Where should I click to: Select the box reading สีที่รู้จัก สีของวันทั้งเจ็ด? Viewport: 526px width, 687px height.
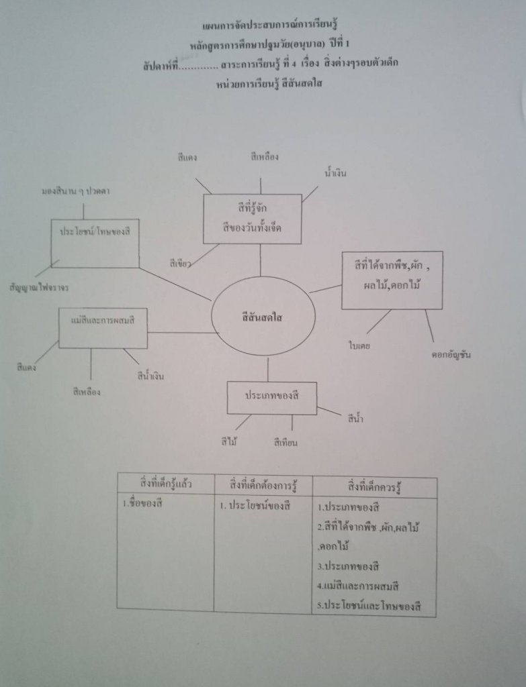(x=252, y=219)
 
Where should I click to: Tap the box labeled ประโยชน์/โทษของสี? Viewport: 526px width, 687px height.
(x=95, y=242)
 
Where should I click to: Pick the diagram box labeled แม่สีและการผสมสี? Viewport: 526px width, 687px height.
(x=103, y=328)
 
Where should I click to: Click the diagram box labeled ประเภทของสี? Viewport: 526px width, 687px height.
(x=271, y=397)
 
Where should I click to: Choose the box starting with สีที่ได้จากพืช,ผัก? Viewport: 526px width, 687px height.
(x=392, y=280)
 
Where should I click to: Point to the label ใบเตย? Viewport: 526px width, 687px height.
(x=361, y=346)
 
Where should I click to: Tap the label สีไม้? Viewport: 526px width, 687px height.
(x=230, y=441)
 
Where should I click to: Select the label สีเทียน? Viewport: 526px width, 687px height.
(x=286, y=441)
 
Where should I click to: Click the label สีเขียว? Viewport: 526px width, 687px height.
(x=182, y=264)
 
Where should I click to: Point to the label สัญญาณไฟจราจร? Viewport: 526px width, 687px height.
(x=39, y=287)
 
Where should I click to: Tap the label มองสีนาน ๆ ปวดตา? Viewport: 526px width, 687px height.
(x=76, y=192)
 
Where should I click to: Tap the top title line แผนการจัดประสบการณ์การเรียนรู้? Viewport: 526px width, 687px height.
(x=262, y=25)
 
